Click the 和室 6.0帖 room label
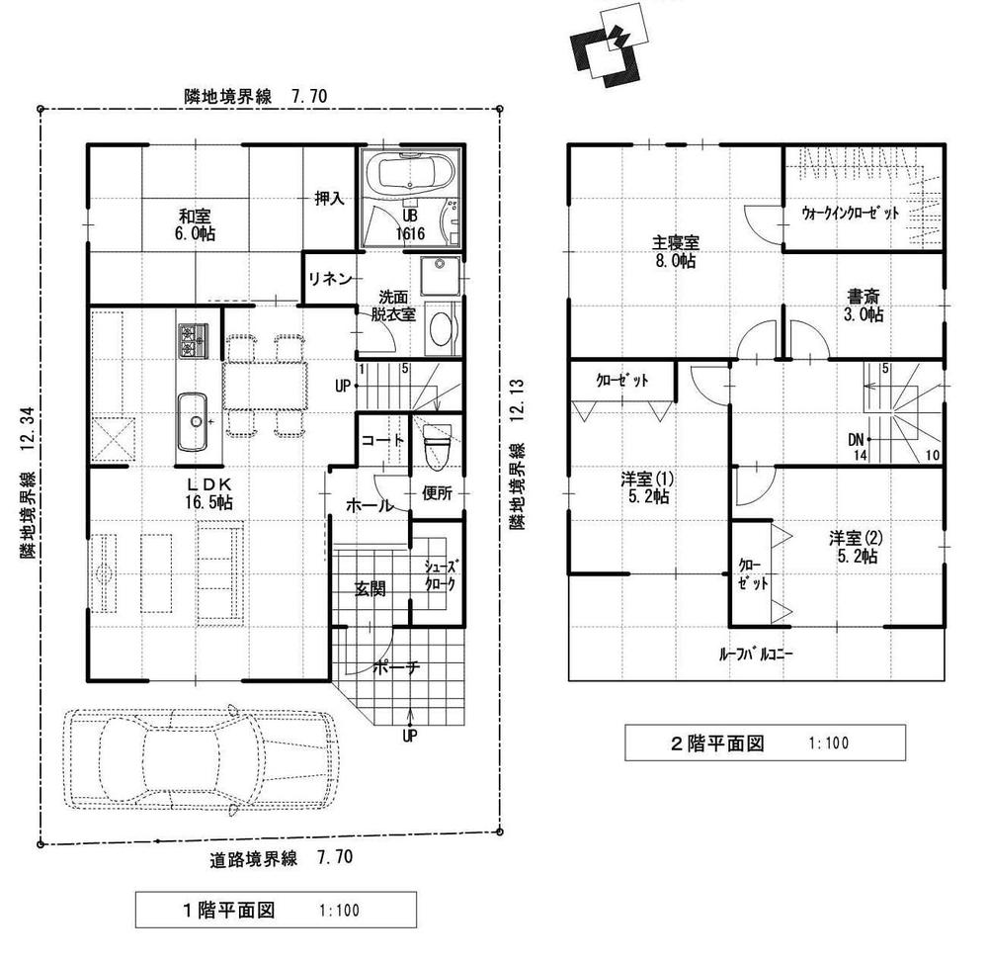pyautogui.click(x=194, y=224)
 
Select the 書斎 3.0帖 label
pyautogui.click(x=864, y=305)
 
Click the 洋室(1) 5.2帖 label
pyautogui.click(x=646, y=487)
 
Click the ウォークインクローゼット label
pyautogui.click(x=850, y=213)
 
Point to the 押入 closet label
pyautogui.click(x=329, y=198)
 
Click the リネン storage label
pyautogui.click(x=329, y=279)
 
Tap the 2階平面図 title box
pyautogui.click(x=765, y=743)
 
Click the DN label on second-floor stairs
pyautogui.click(x=858, y=440)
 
